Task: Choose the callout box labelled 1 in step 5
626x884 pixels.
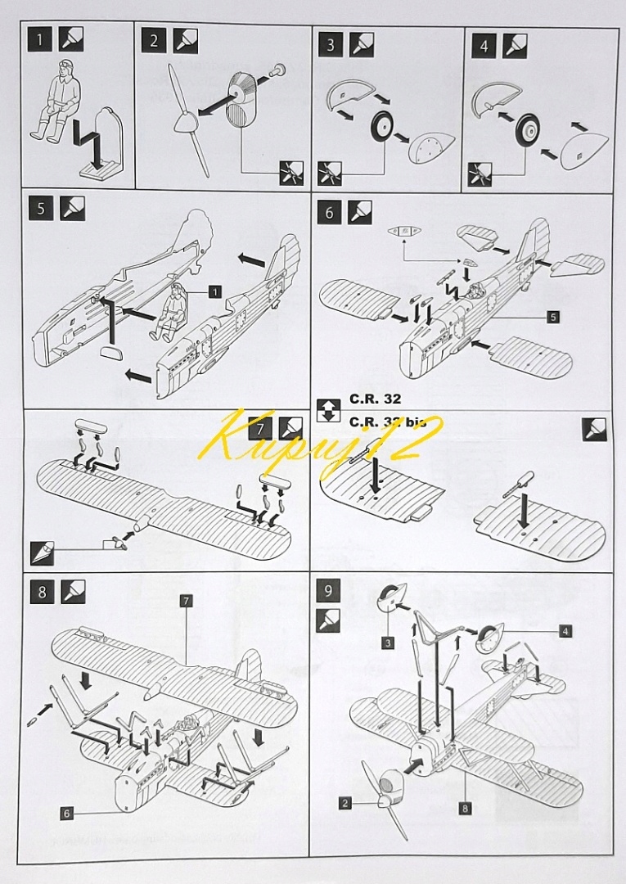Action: tap(214, 291)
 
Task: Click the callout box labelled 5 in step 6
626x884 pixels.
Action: tap(553, 317)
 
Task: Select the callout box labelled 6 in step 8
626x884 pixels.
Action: tap(66, 812)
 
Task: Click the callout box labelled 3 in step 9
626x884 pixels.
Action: tap(387, 643)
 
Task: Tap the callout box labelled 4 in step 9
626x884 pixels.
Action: tap(565, 631)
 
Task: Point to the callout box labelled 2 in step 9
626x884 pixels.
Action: tap(345, 804)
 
